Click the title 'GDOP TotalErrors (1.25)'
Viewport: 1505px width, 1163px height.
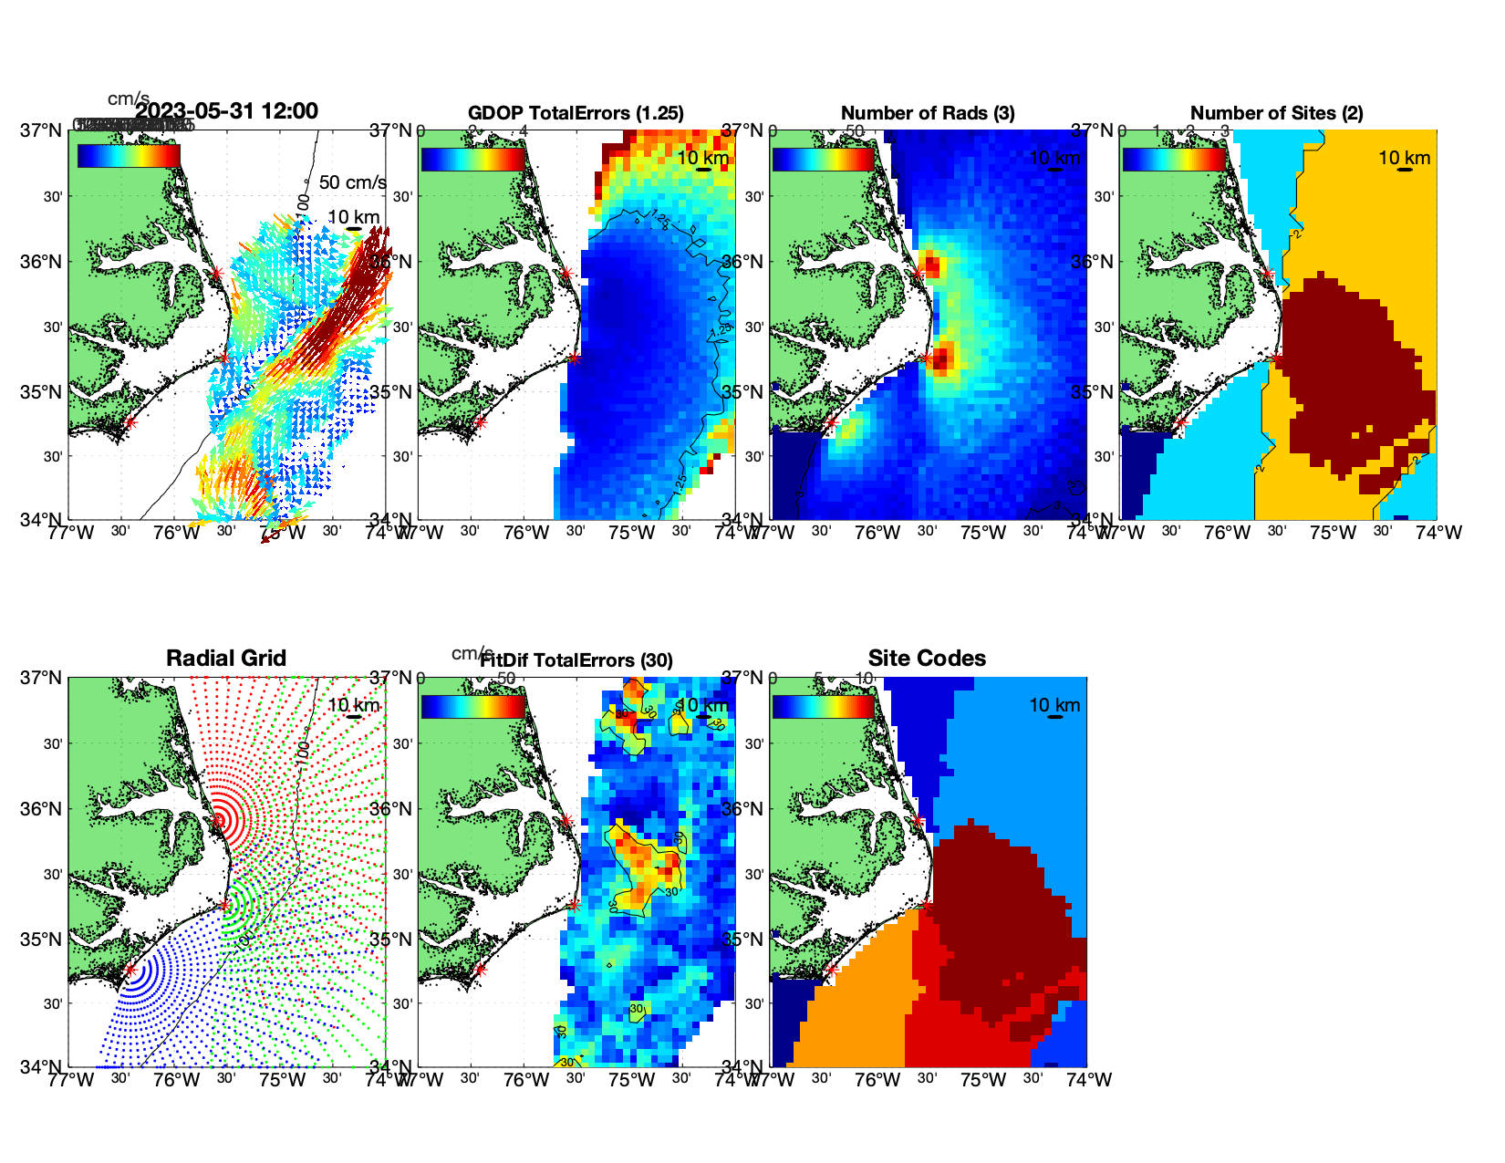576,113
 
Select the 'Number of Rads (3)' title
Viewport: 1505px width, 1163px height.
928,113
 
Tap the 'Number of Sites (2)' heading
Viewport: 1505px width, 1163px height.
1276,113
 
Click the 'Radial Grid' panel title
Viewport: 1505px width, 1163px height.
226,659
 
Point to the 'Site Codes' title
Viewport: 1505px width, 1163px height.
927,659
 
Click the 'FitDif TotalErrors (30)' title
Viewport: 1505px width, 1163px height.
576,660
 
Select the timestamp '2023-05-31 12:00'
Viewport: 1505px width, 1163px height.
227,111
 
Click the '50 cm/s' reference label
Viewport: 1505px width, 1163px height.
353,182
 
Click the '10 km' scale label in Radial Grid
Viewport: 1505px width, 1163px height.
353,705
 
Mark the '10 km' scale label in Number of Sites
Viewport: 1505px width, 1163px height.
1404,158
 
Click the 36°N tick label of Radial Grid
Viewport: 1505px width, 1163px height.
44,809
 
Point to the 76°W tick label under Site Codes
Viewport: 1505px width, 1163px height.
877,1080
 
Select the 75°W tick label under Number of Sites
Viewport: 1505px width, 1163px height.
1333,533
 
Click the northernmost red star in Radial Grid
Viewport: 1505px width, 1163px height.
217,820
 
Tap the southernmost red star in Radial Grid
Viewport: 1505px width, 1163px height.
130,970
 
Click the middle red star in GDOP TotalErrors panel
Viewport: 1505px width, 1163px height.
574,358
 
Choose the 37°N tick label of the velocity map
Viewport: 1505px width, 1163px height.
42,130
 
